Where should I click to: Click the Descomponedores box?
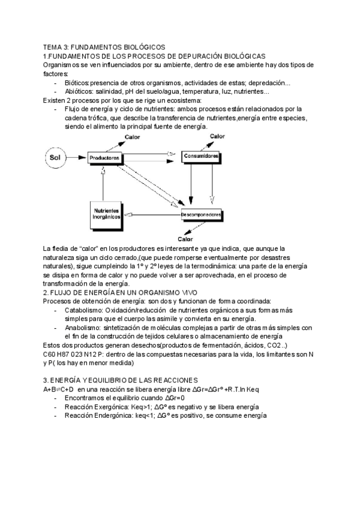point(202,214)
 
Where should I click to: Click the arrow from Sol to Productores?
point(77,158)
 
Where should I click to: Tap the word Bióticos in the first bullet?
point(76,82)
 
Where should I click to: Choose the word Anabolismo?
point(83,328)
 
